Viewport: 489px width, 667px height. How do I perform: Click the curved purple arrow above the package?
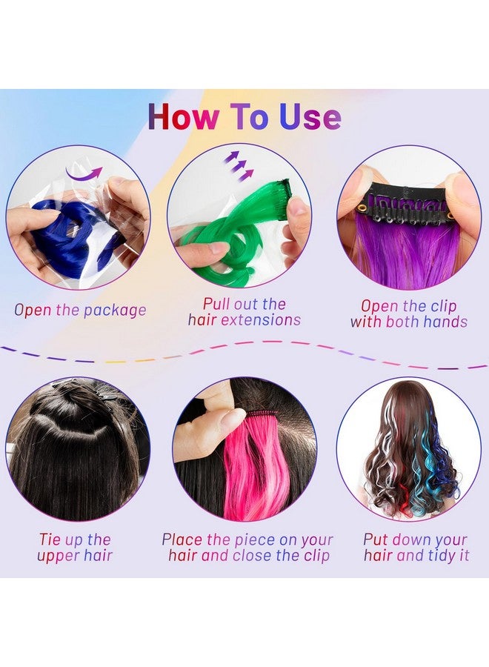(x=87, y=174)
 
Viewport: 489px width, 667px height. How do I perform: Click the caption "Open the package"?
(x=80, y=310)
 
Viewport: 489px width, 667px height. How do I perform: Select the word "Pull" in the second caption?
(x=217, y=304)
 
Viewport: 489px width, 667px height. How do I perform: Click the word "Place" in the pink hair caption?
(x=182, y=540)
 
